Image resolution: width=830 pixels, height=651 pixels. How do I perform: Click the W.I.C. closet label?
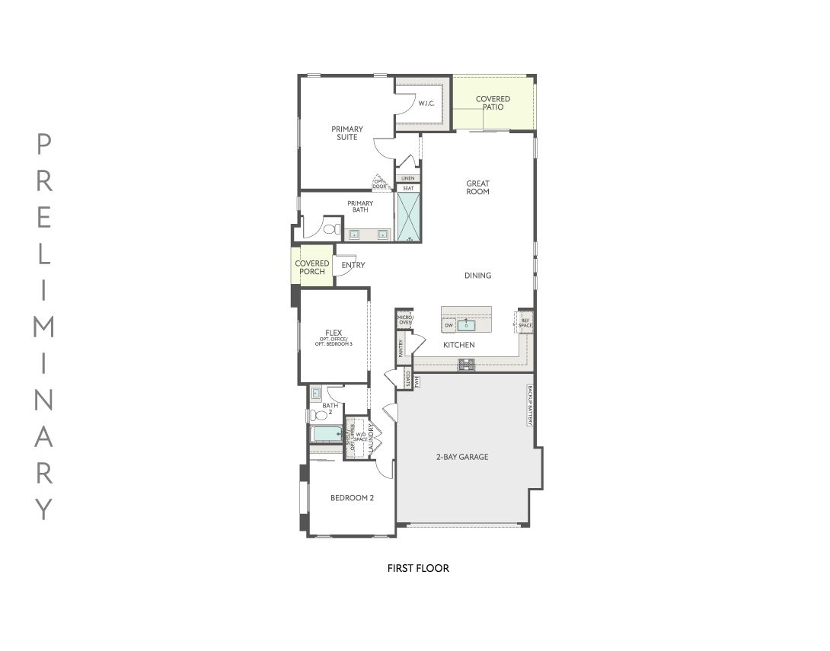point(425,104)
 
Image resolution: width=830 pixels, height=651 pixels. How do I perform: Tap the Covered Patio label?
point(493,103)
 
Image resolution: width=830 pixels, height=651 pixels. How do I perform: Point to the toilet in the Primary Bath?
point(331,228)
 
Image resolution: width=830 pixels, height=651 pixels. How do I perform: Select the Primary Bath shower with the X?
point(408,216)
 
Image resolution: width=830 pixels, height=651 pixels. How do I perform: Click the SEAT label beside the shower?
point(408,187)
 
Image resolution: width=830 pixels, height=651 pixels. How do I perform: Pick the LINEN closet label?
point(408,178)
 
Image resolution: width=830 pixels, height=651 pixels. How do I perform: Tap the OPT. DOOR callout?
point(379,183)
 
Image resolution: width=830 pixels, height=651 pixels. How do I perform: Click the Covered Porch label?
point(312,267)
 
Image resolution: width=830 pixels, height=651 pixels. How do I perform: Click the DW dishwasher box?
point(449,326)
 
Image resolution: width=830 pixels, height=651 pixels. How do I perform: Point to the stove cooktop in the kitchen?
point(466,365)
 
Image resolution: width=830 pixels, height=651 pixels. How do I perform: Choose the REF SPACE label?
point(525,322)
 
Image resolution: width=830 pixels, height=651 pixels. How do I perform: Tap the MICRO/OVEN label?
point(404,320)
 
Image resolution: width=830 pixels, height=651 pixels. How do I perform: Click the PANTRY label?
point(401,349)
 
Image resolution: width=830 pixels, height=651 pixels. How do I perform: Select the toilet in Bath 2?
point(315,415)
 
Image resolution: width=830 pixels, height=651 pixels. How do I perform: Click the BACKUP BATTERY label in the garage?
point(529,404)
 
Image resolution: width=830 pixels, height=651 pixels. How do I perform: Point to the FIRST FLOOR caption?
point(418,568)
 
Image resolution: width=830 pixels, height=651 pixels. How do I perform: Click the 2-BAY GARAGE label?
point(462,457)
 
